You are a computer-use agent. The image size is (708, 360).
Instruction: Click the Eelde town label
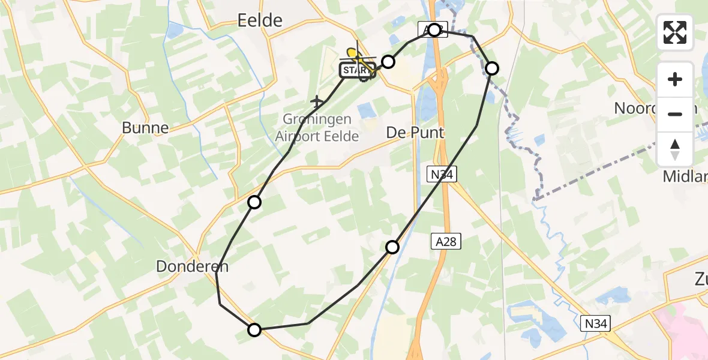point(260,20)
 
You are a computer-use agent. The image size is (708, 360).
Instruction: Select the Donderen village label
point(191,267)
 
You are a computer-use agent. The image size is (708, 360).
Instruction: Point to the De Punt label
point(415,132)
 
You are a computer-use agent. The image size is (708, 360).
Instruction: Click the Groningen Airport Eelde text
point(317,127)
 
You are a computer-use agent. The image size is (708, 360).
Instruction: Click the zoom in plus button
point(675,79)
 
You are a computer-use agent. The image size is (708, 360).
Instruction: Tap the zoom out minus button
point(675,114)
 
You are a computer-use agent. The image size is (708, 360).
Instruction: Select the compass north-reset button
point(675,149)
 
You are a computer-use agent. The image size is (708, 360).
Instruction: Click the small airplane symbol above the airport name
point(317,102)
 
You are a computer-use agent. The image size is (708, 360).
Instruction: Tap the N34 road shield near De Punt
point(442,175)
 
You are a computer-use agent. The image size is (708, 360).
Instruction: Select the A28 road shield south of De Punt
point(445,242)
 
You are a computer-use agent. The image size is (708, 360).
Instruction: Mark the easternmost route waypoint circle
point(491,68)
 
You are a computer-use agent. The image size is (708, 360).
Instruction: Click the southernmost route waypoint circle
point(254,329)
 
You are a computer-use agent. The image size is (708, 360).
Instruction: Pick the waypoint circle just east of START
point(389,61)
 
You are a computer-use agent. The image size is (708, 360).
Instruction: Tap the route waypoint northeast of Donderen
point(254,202)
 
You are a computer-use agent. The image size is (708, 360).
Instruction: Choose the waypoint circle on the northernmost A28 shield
point(434,29)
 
